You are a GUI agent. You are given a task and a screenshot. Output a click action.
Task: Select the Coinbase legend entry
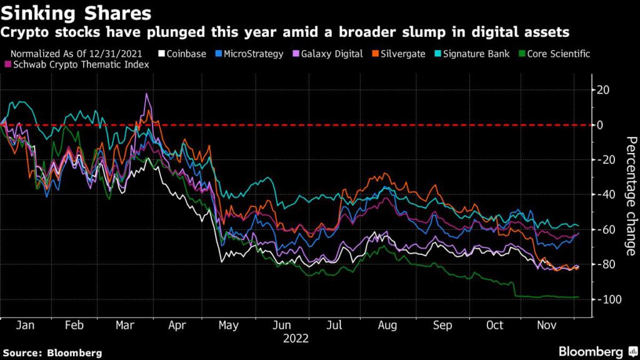point(182,54)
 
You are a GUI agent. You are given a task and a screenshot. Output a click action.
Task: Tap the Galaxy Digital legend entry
point(328,54)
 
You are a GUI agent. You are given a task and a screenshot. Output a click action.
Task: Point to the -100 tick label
point(607,299)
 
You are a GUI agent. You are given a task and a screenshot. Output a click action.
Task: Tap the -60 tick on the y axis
point(606,230)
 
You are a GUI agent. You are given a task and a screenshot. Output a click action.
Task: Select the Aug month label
point(387,325)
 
